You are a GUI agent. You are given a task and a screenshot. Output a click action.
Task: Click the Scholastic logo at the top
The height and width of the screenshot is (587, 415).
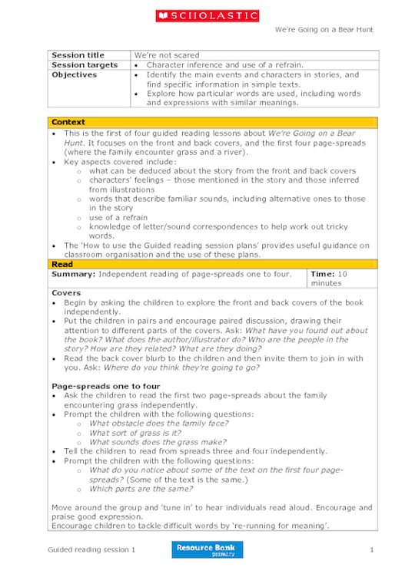click(x=207, y=15)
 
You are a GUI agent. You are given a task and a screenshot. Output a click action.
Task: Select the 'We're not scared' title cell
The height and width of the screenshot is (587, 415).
click(x=167, y=55)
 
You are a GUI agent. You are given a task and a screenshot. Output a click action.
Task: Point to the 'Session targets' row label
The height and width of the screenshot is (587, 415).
click(x=85, y=65)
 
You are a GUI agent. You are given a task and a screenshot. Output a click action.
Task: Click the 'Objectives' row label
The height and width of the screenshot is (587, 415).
click(x=75, y=75)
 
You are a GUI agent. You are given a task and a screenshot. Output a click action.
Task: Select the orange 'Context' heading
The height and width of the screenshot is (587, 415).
click(x=68, y=122)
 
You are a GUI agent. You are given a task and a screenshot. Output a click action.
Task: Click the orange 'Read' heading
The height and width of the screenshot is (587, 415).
click(x=62, y=264)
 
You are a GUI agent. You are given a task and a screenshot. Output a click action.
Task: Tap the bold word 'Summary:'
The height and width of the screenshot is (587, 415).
click(x=73, y=274)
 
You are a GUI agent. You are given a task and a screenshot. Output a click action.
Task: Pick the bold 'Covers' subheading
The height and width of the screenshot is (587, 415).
click(x=65, y=293)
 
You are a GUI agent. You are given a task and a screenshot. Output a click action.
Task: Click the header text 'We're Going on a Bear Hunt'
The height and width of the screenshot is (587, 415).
click(x=323, y=29)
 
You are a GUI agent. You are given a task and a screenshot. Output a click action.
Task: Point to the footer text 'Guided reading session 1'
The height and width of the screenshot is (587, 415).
click(x=91, y=550)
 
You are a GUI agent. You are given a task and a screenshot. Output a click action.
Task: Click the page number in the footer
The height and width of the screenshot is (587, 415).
click(x=371, y=550)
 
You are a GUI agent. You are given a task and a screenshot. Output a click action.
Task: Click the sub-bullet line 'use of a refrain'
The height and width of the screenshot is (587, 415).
click(x=118, y=217)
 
